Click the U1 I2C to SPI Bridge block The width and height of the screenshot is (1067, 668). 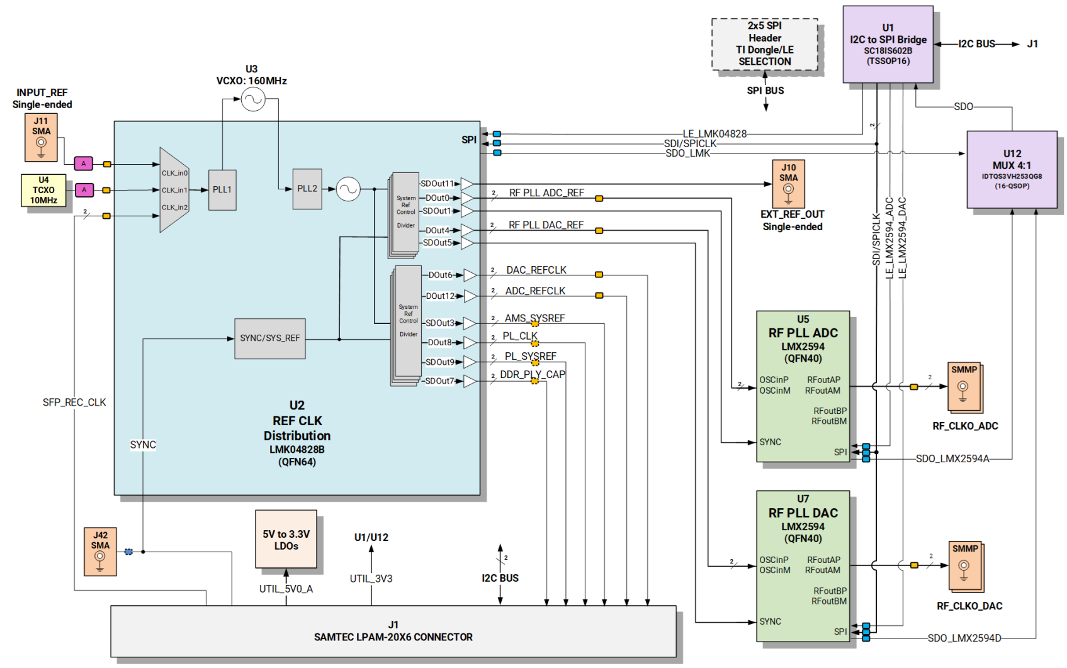(888, 44)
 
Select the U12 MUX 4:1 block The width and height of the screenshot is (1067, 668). (1012, 169)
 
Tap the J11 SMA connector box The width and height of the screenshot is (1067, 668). (41, 137)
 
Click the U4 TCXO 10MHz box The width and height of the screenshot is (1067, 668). (43, 190)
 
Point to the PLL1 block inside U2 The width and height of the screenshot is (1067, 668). (222, 189)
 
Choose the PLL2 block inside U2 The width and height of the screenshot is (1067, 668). (307, 189)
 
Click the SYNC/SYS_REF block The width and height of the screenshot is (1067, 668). (269, 338)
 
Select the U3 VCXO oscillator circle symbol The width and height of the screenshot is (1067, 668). (253, 99)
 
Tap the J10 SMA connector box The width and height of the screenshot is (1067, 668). (788, 183)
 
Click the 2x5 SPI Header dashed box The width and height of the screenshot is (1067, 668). (765, 44)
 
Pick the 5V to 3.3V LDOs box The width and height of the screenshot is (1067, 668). (286, 540)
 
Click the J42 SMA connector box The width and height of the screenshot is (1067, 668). (100, 552)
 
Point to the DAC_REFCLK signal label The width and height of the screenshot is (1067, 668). (536, 270)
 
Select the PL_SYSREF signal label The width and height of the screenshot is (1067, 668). (530, 356)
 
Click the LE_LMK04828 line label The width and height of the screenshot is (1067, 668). (714, 133)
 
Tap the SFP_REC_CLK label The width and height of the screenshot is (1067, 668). (74, 403)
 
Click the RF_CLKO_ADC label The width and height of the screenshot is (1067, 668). (965, 426)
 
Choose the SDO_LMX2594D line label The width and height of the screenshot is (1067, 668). (964, 638)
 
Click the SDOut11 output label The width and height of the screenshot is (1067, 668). (437, 184)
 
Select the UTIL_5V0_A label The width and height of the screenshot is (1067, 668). (286, 589)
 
